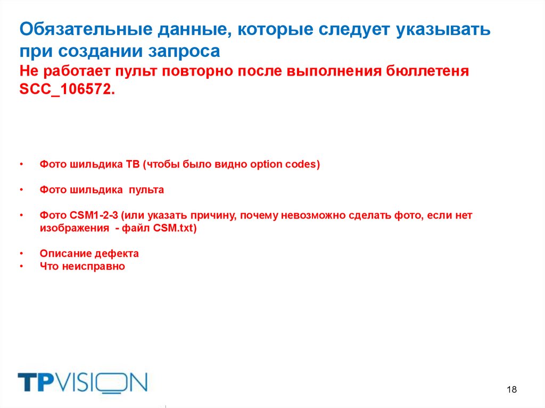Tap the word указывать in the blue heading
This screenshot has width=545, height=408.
(442, 30)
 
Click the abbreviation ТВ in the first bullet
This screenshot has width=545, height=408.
(132, 164)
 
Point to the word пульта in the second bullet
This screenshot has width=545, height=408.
(148, 190)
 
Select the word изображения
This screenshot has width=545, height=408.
(70, 228)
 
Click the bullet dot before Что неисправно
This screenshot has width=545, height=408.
(21, 266)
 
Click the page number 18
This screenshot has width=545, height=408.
(512, 390)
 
